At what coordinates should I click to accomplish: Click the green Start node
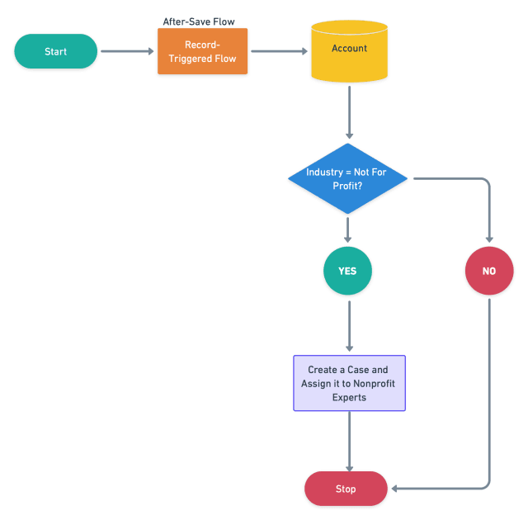(x=55, y=51)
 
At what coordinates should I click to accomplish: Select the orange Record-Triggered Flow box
(x=202, y=51)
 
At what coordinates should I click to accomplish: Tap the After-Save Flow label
(x=199, y=22)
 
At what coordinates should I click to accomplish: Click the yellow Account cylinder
(x=349, y=51)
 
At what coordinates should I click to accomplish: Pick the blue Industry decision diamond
(x=347, y=178)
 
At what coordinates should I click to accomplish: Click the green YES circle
(x=347, y=271)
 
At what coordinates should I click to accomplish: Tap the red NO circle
(x=489, y=271)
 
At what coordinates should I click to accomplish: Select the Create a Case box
(x=349, y=383)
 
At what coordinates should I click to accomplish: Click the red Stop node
(x=346, y=489)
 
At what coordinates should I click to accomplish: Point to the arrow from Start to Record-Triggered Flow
(x=127, y=51)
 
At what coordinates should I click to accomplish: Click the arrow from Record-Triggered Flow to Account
(x=279, y=51)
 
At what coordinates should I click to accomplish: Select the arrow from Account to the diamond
(x=349, y=112)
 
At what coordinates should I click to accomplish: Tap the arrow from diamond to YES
(x=347, y=230)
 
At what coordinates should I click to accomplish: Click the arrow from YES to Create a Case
(x=349, y=326)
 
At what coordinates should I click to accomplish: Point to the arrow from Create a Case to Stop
(x=349, y=442)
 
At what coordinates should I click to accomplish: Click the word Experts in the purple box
(x=349, y=397)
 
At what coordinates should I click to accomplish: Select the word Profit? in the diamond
(x=347, y=186)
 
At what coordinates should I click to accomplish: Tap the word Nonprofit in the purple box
(x=374, y=384)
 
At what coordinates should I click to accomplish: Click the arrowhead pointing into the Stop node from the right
(x=394, y=489)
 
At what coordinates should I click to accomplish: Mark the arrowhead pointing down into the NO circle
(x=489, y=239)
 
